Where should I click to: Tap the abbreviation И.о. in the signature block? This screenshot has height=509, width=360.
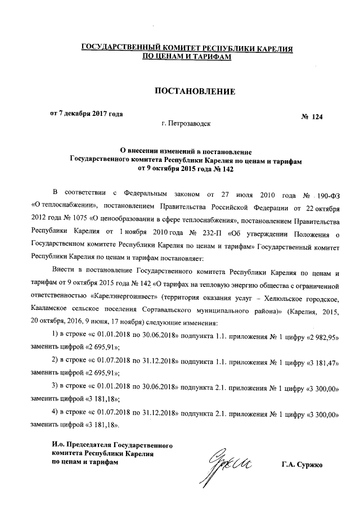point(59,444)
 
